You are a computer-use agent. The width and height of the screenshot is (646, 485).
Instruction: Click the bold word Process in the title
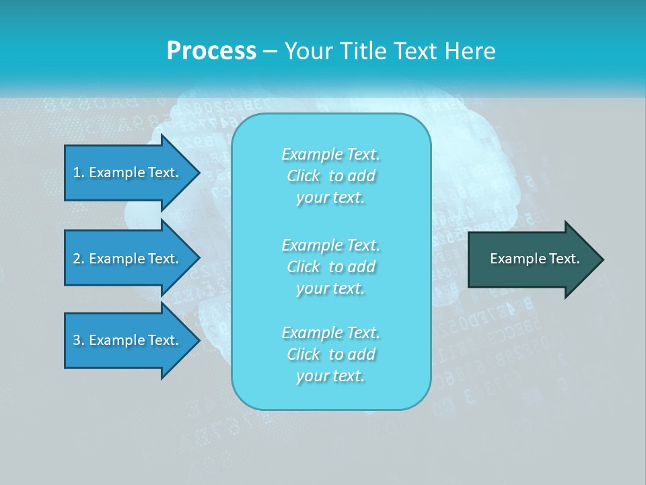[x=211, y=51]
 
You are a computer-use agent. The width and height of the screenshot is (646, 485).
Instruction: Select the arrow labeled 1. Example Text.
[x=125, y=172]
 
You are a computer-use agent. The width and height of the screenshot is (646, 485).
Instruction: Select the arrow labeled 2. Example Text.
[x=125, y=259]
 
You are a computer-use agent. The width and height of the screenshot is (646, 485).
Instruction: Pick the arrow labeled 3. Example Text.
[x=125, y=340]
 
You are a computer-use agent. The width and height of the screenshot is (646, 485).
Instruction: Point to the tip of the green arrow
[x=601, y=259]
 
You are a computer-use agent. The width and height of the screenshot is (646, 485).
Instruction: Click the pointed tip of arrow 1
[x=197, y=172]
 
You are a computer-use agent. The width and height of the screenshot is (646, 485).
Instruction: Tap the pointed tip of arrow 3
[x=197, y=340]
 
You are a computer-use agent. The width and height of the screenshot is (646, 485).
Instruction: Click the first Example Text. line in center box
[x=330, y=154]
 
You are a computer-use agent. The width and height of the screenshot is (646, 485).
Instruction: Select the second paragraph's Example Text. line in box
[x=330, y=245]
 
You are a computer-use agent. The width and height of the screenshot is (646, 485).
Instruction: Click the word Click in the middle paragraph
[x=303, y=267]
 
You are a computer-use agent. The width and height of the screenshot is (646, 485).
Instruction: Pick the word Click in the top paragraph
[x=303, y=176]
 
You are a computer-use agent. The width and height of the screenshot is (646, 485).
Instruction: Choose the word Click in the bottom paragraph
[x=303, y=354]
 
